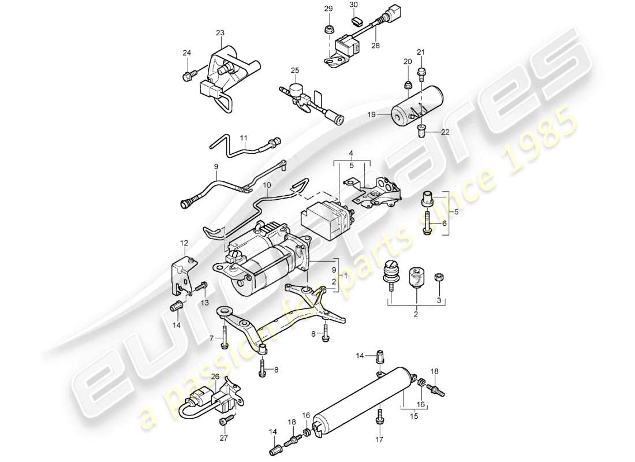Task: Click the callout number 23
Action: coord(221,33)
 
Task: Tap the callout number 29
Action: coord(328,9)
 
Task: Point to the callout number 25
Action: coord(295,70)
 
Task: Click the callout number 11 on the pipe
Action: coord(243,138)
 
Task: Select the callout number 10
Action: coord(267,185)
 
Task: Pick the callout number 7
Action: coord(212,338)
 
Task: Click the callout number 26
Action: coord(215,376)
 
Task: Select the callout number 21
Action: coord(421,53)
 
